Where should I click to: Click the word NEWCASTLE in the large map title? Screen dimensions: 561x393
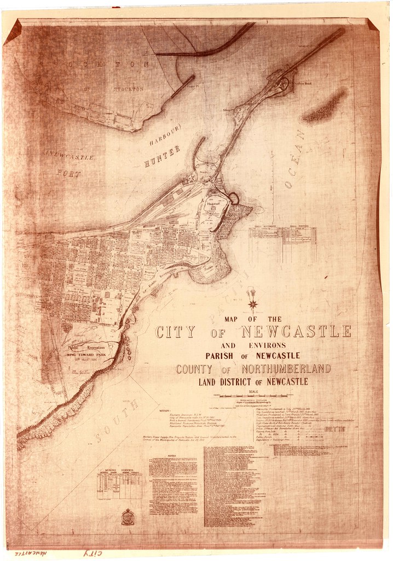tap(296, 331)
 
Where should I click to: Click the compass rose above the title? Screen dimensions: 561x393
tap(252, 300)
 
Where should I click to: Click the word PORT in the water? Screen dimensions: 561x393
tap(68, 174)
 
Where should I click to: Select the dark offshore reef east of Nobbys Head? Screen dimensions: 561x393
tap(326, 106)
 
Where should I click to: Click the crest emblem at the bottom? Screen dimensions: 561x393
tap(128, 517)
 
